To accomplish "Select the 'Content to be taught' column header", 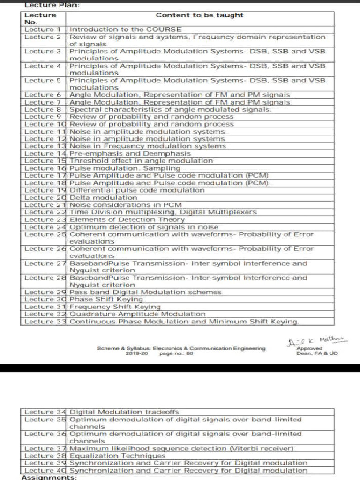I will [x=199, y=15].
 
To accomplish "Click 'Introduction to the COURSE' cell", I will [x=125, y=30].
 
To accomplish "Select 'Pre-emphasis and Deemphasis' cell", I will [x=130, y=153].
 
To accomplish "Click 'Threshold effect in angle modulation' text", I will [x=141, y=161].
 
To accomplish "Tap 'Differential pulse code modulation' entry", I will [x=137, y=190].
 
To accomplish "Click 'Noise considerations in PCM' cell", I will [x=125, y=205].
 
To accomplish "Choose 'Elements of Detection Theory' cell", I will [x=127, y=219].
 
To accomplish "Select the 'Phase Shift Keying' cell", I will [x=106, y=299].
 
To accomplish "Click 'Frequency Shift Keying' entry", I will [x=115, y=307].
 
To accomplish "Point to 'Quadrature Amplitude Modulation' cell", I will [x=137, y=314].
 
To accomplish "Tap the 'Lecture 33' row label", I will [x=44, y=322].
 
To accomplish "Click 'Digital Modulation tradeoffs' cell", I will [x=124, y=412].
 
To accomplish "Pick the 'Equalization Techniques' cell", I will [x=117, y=456].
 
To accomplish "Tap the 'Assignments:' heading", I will [x=49, y=477].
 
